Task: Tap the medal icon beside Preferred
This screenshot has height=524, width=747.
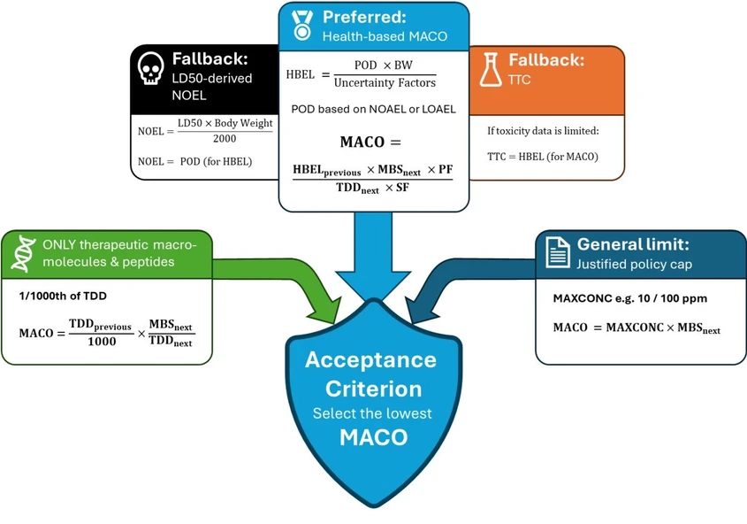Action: pyautogui.click(x=301, y=26)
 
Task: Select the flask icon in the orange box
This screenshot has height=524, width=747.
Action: pyautogui.click(x=492, y=69)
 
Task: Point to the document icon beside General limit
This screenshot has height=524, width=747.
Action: pyautogui.click(x=557, y=252)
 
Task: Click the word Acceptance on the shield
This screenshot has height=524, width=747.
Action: pyautogui.click(x=370, y=360)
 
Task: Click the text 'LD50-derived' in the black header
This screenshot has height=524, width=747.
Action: pyautogui.click(x=211, y=78)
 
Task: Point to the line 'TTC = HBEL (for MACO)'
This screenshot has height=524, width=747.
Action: pyautogui.click(x=542, y=157)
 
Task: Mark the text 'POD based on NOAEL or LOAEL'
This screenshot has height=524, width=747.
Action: pyautogui.click(x=373, y=110)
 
